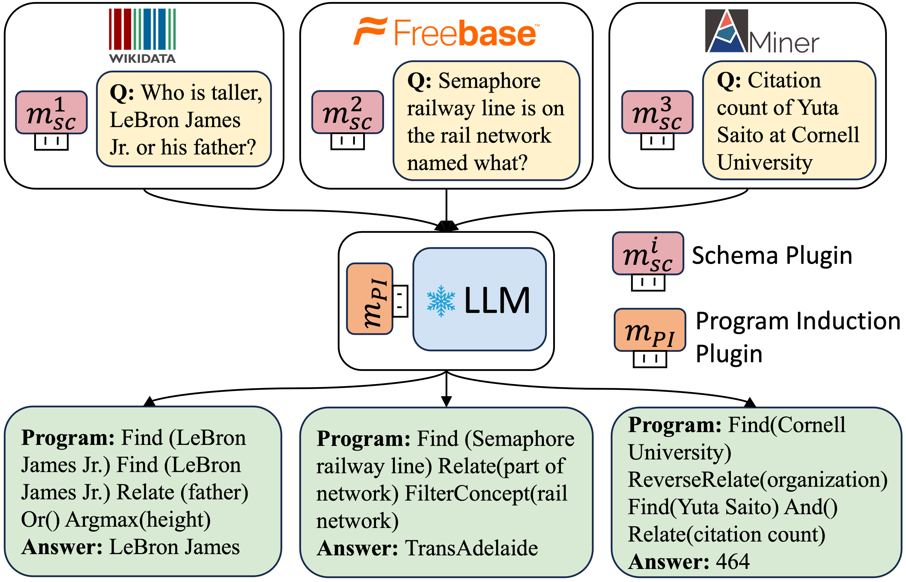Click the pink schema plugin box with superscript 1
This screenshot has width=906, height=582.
(51, 112)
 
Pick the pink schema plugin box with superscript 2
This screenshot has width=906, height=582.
(348, 112)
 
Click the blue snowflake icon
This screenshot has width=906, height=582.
(441, 301)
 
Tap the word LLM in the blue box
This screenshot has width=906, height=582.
(497, 301)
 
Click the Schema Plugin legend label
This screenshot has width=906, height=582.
(772, 256)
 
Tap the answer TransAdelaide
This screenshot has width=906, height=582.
(471, 548)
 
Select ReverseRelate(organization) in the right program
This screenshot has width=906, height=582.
(758, 480)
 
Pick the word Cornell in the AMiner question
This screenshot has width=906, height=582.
(825, 135)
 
